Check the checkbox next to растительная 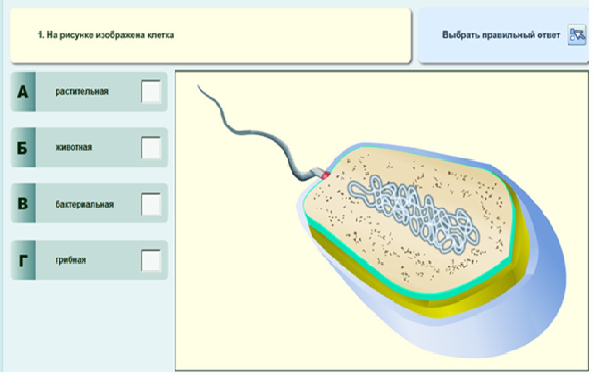(x=151, y=92)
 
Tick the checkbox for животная (x=151, y=148)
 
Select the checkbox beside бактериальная (x=151, y=204)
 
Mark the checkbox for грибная (x=151, y=260)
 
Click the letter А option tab (x=23, y=92)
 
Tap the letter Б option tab (x=23, y=148)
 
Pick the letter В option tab (x=23, y=204)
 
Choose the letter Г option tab (x=23, y=260)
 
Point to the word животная (x=74, y=148)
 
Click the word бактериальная (x=84, y=204)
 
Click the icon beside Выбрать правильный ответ (x=577, y=35)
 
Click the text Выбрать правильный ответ (x=501, y=35)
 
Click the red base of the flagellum (x=325, y=175)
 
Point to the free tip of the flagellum (x=199, y=86)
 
